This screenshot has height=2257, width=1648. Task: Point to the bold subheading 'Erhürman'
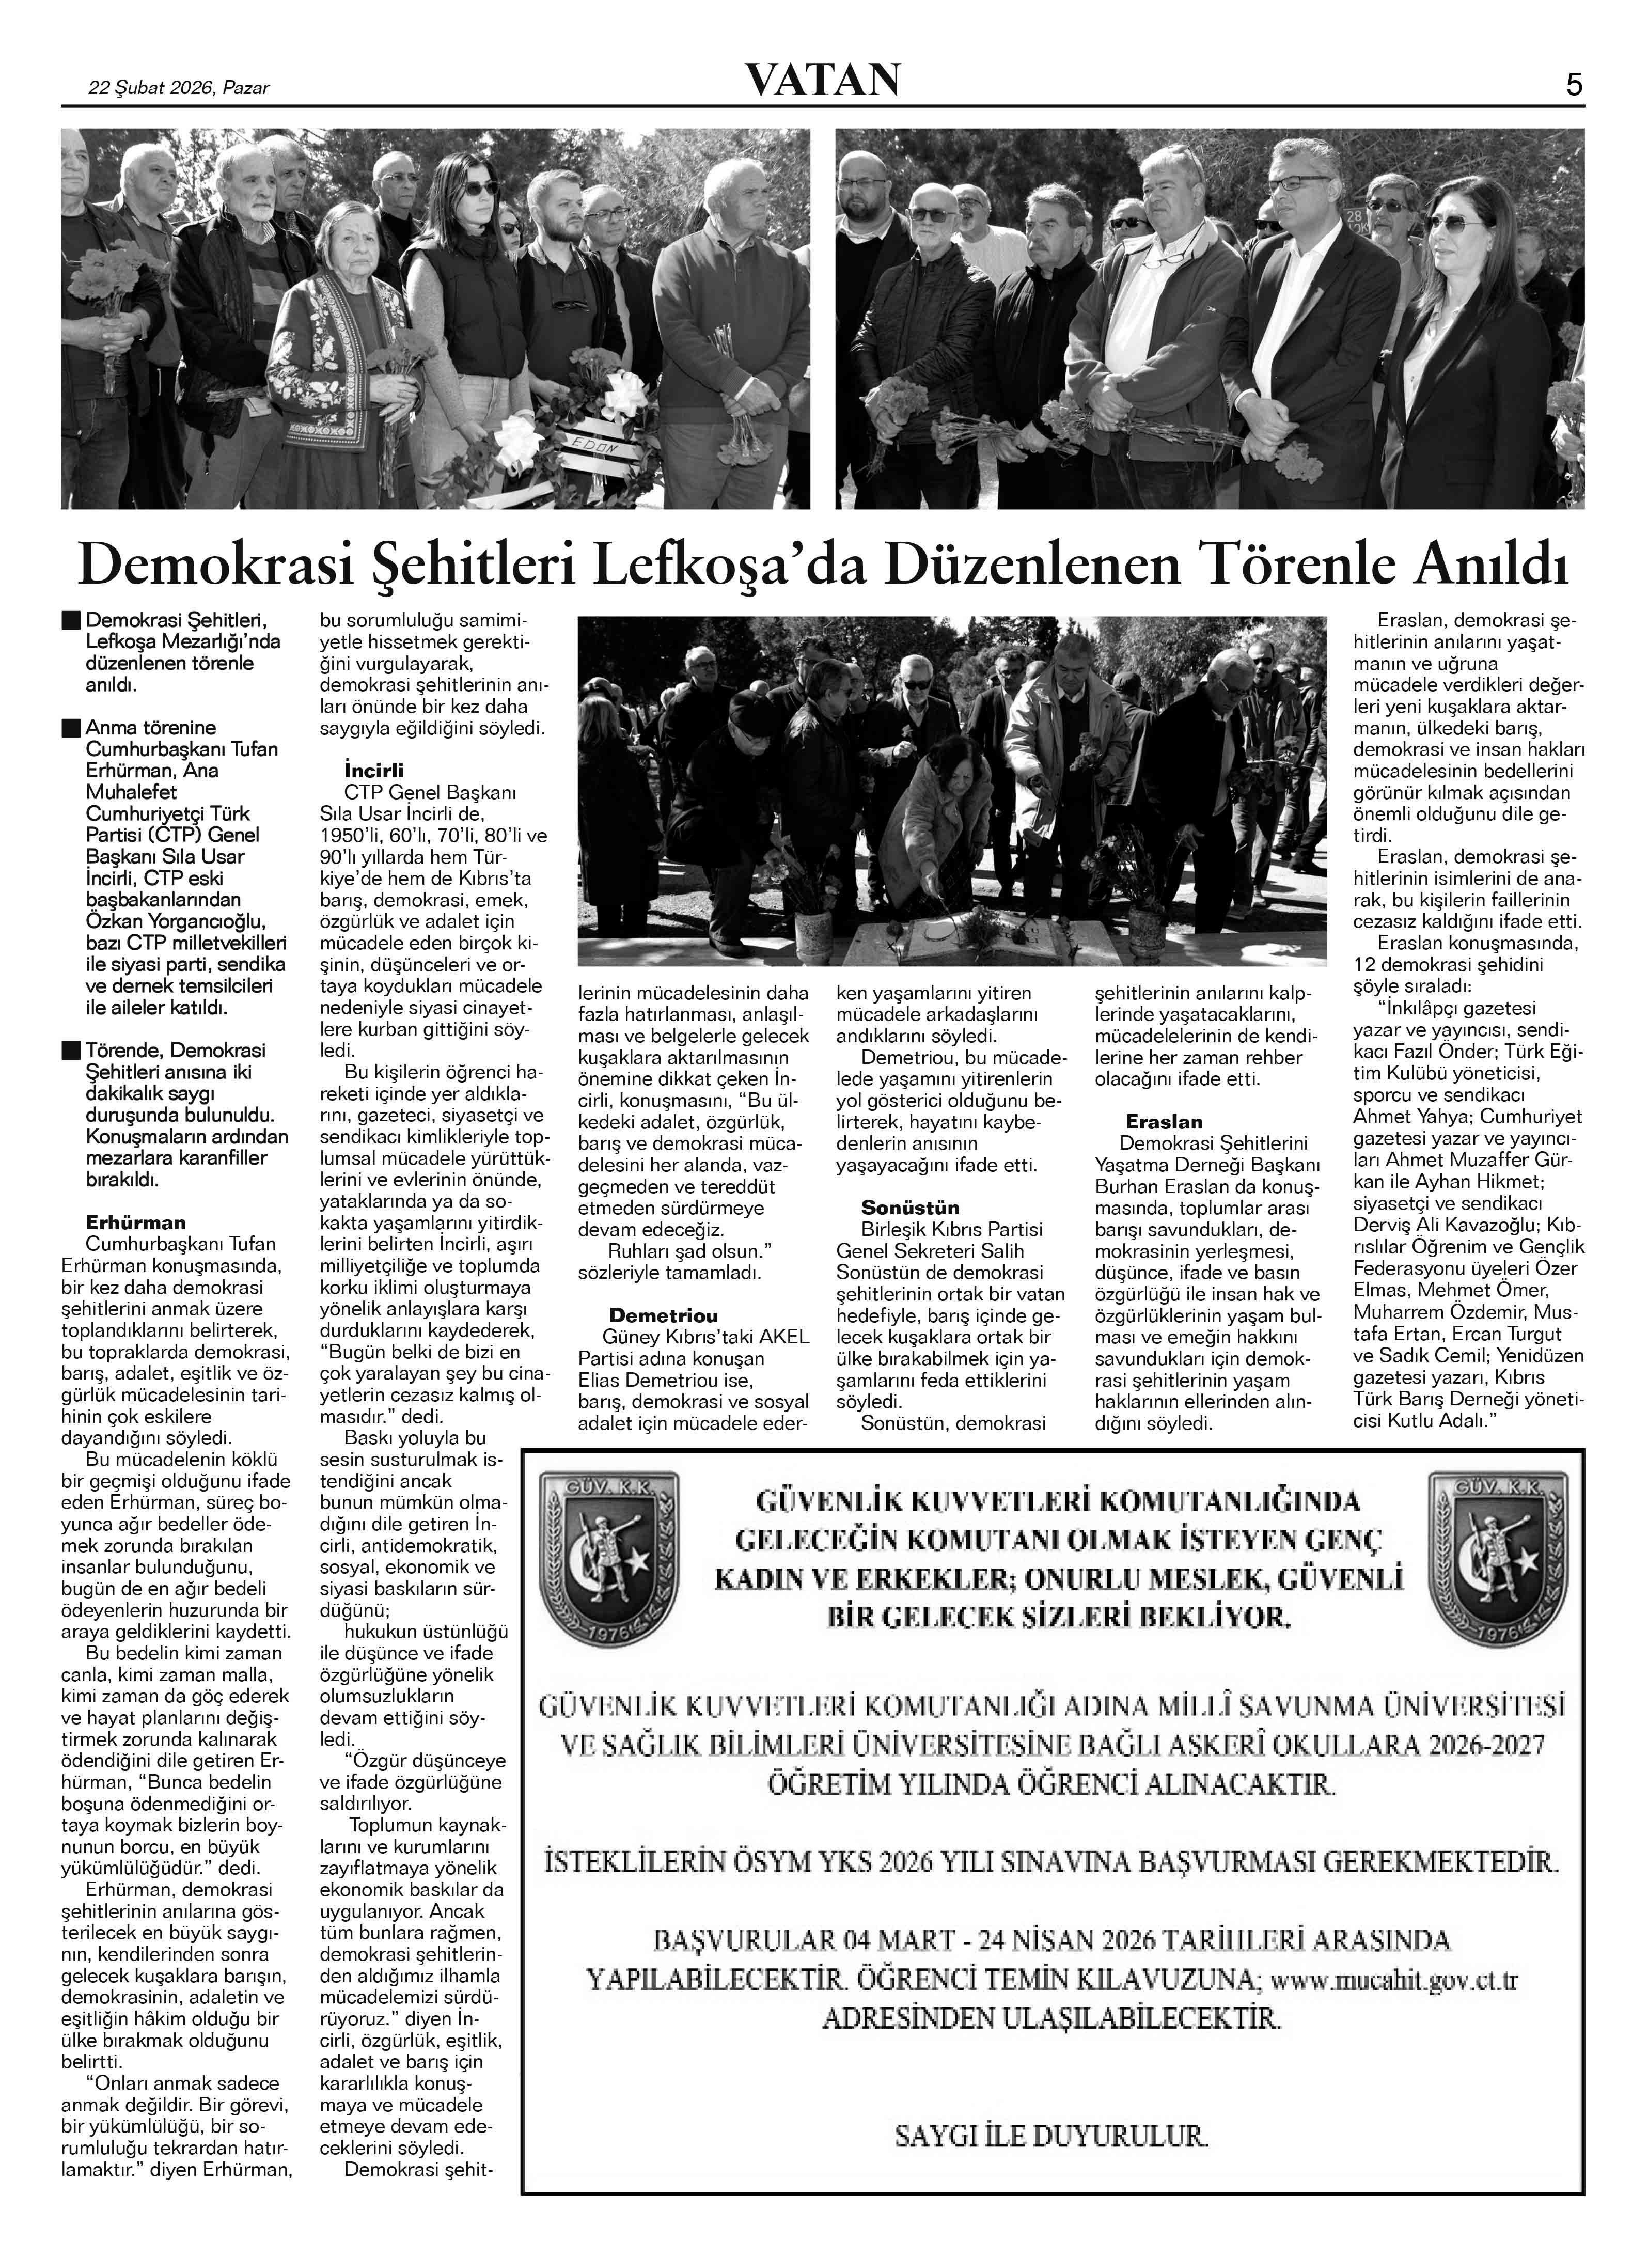pyautogui.click(x=136, y=1222)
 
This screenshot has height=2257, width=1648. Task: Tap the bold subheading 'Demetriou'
pyautogui.click(x=664, y=1315)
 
